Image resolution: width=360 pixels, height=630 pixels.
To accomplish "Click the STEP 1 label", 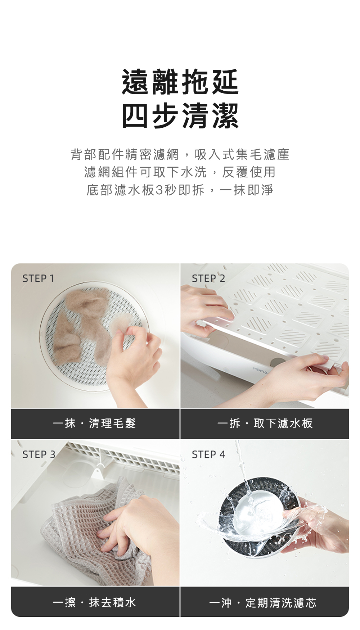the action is click(38, 278).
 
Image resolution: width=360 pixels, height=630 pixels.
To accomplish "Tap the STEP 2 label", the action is click(208, 278).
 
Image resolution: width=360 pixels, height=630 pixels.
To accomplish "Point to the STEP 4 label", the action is click(208, 454).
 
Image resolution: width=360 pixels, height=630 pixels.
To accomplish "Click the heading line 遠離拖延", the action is click(180, 82).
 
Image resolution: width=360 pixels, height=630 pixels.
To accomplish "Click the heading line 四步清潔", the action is click(180, 115).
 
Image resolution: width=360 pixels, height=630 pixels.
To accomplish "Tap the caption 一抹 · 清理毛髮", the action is click(94, 423).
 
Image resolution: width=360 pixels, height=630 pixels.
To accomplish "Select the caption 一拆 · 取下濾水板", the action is click(265, 423).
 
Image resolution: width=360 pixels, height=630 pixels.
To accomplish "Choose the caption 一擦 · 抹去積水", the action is click(94, 602).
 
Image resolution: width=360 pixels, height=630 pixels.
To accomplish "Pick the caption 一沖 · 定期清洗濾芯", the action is click(263, 602).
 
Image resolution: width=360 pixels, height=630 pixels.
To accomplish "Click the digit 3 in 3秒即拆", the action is click(159, 190).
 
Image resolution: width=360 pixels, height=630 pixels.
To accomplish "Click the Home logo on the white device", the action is click(260, 370).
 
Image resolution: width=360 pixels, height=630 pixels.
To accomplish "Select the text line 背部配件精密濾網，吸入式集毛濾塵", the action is click(180, 154).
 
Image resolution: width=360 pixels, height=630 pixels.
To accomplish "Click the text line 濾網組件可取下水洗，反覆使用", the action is click(180, 172).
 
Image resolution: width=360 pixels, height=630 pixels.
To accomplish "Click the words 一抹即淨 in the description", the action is click(247, 190).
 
